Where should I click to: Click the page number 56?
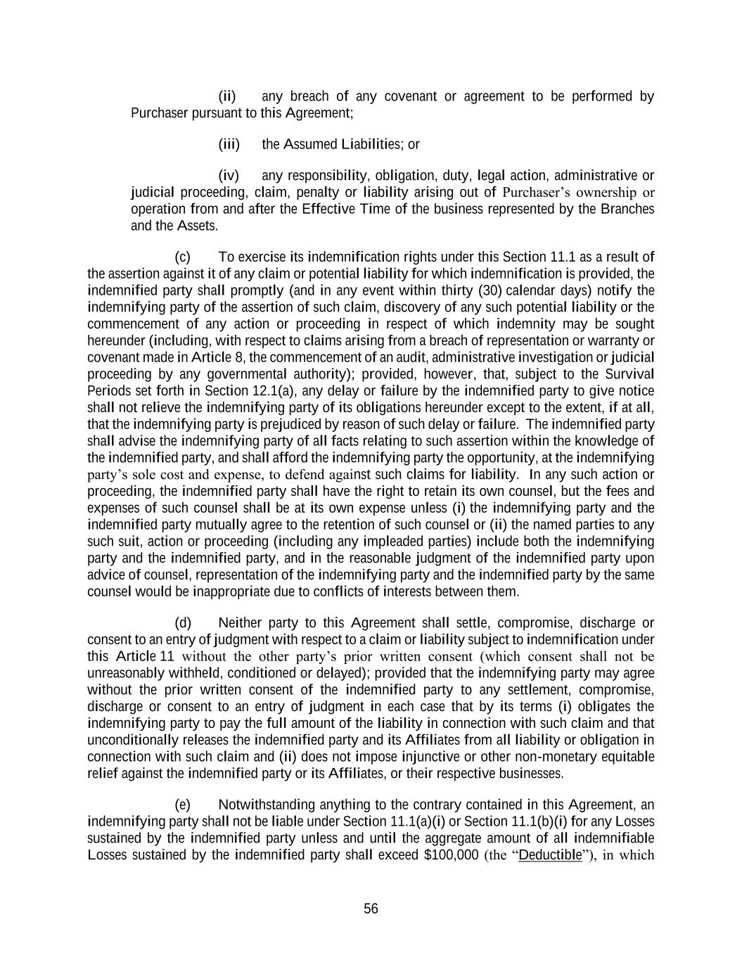point(371,909)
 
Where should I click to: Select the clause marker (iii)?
point(229,144)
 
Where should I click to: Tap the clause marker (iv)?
point(229,175)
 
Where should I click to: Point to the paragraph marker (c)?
point(182,257)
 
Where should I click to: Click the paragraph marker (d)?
point(183,623)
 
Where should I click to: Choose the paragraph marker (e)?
point(183,805)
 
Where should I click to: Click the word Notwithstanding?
point(267,805)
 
